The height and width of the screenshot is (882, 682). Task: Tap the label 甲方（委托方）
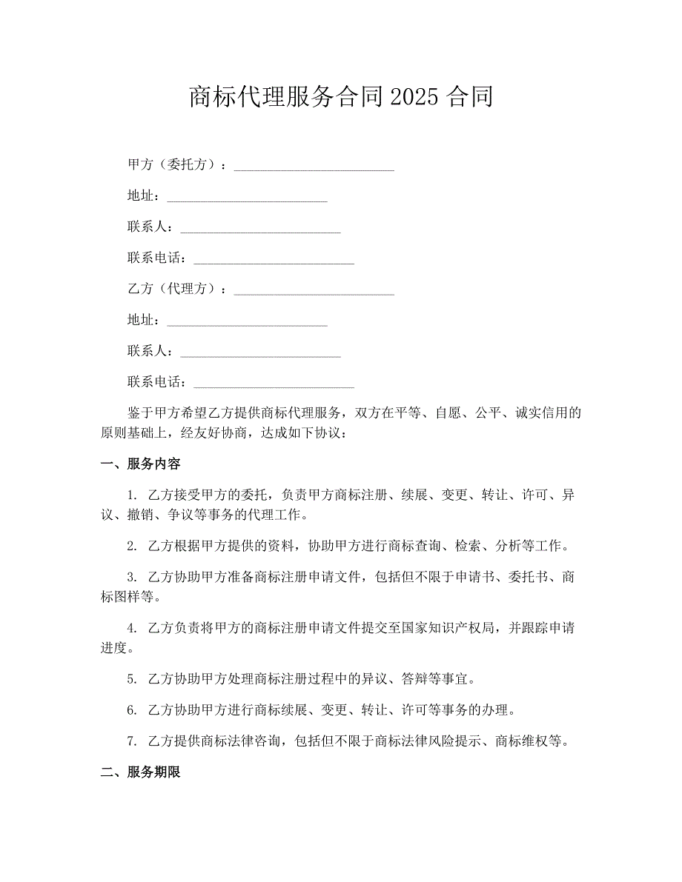(x=174, y=164)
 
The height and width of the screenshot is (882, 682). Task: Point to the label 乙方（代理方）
(x=174, y=289)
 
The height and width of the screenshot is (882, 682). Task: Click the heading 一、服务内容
(x=141, y=464)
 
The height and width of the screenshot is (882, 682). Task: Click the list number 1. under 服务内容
(x=132, y=495)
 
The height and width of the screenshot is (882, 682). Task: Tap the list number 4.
(x=132, y=629)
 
